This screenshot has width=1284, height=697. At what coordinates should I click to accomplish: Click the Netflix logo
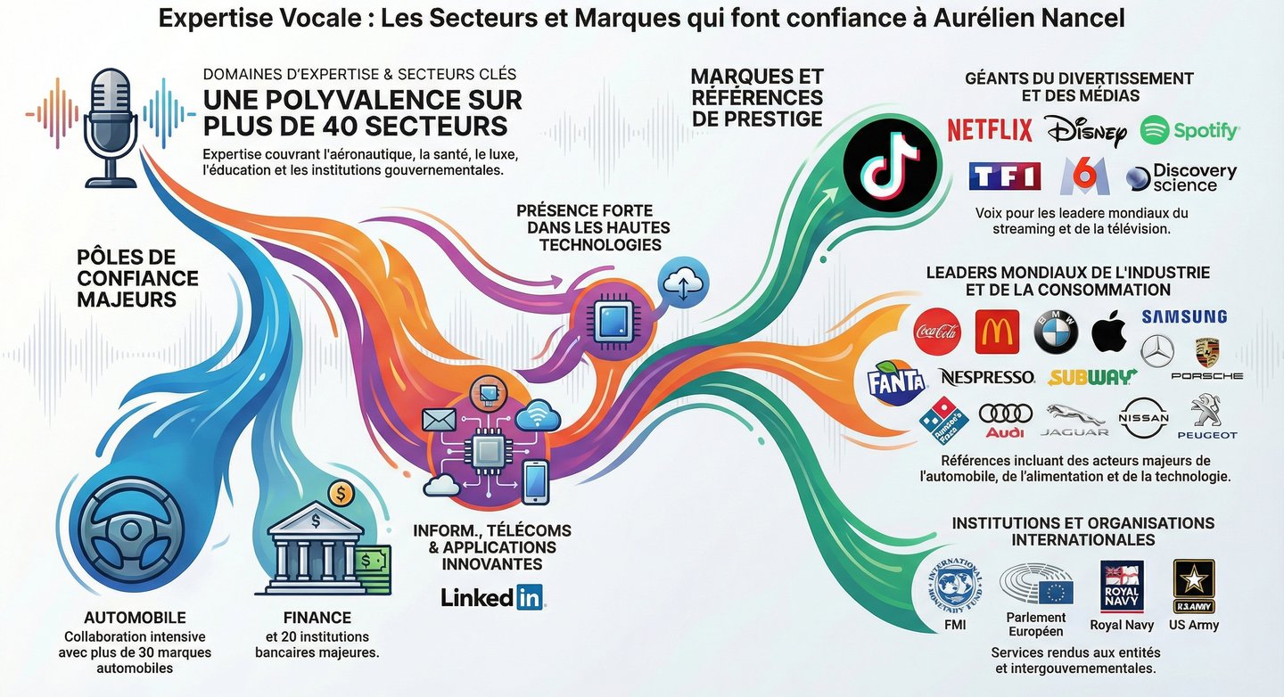click(x=989, y=130)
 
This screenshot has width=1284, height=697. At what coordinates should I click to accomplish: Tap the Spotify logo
click(x=1189, y=131)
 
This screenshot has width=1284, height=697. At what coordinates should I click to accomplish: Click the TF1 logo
click(x=1005, y=176)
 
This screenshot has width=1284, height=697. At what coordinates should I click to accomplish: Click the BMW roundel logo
click(x=1056, y=333)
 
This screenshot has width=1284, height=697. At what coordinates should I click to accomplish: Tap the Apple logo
click(x=1109, y=332)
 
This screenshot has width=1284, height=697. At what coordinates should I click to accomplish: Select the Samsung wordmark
click(x=1184, y=316)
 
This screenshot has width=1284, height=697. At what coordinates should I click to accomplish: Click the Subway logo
click(x=1092, y=377)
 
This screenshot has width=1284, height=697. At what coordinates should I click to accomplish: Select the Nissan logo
click(x=1144, y=417)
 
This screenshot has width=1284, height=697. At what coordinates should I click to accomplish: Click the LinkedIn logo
click(x=492, y=597)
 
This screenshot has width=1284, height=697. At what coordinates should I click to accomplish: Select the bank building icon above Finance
click(x=309, y=545)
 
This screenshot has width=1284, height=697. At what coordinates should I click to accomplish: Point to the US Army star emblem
click(x=1193, y=585)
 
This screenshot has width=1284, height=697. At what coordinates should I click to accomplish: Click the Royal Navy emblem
click(x=1122, y=586)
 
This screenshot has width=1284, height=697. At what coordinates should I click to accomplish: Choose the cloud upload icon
click(x=682, y=284)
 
